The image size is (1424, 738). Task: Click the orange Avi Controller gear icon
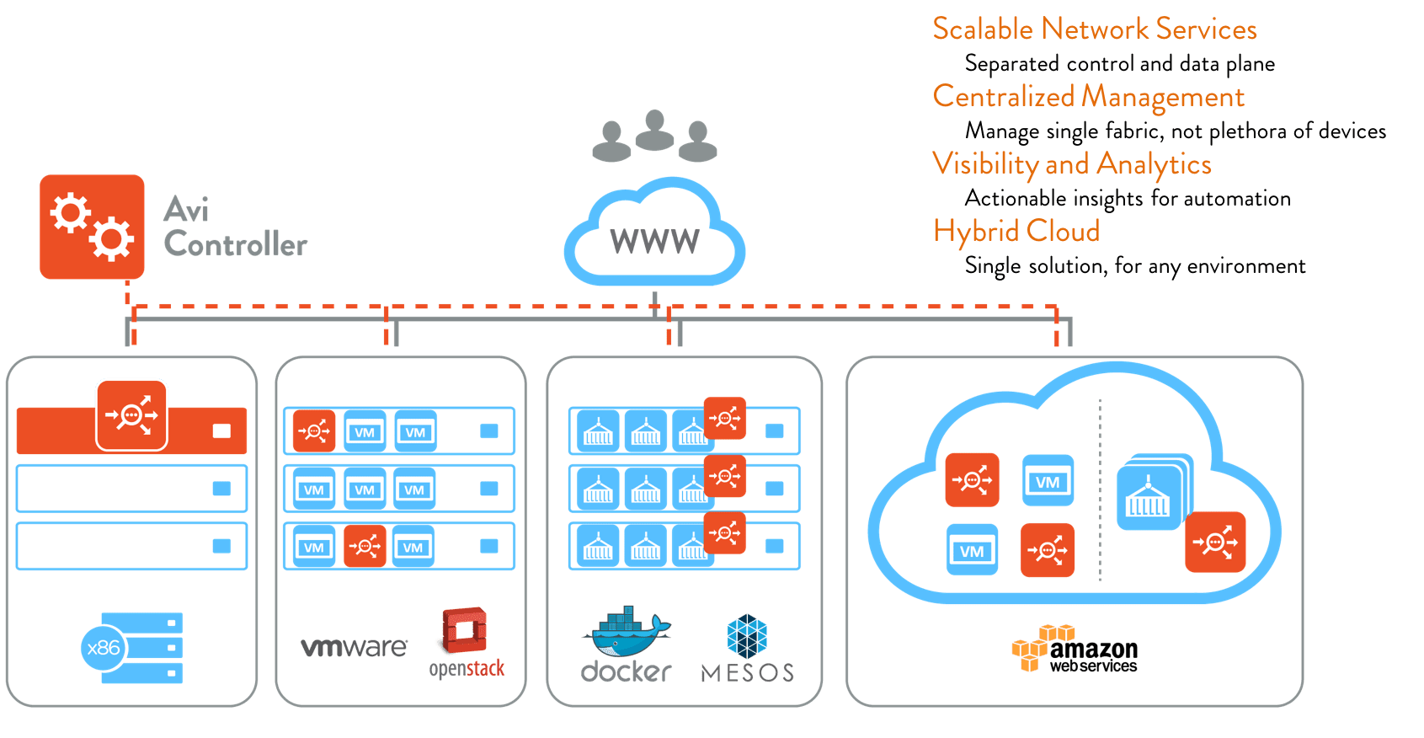(92, 227)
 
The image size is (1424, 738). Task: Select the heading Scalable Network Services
(1094, 29)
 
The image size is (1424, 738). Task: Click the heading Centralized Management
(1088, 97)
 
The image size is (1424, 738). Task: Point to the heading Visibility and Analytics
(1071, 163)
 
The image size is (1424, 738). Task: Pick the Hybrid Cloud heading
(1016, 231)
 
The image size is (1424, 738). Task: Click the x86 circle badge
(104, 648)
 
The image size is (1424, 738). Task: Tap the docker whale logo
(627, 632)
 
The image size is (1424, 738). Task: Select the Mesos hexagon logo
(747, 636)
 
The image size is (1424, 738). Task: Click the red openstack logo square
(462, 631)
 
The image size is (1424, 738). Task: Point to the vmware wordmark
(354, 647)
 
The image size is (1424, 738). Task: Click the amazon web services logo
(1075, 650)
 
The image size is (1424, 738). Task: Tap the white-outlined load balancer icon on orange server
(131, 414)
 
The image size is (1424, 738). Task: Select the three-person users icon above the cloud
(654, 136)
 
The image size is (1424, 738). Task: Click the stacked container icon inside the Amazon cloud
(1150, 495)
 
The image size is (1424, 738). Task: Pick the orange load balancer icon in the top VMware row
(314, 431)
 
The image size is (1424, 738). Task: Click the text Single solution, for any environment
(1134, 266)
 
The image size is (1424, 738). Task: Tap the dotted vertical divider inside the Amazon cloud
(1100, 489)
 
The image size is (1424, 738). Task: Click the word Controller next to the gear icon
(236, 244)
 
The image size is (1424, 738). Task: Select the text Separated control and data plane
(1119, 64)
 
